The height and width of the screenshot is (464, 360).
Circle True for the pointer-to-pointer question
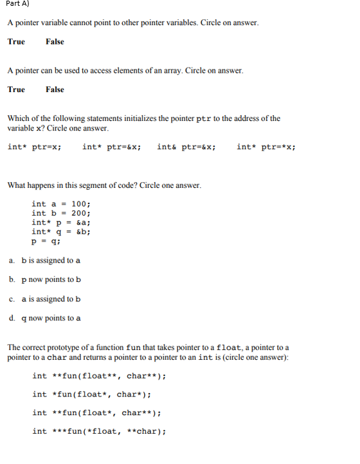coord(16,42)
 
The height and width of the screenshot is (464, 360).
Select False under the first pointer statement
coord(55,42)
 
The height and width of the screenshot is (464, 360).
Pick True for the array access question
coord(16,89)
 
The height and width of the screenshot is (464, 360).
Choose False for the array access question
coord(55,89)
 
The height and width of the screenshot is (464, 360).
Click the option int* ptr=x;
coord(35,147)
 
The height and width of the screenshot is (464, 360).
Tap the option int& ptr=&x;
coord(186,147)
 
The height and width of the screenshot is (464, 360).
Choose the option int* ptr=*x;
coord(266,147)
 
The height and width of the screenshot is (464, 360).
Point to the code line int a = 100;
coord(61,205)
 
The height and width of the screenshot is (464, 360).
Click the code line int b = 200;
coord(61,214)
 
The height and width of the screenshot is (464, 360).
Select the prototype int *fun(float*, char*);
coord(92,394)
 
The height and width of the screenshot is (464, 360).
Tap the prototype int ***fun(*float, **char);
coord(99,431)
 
